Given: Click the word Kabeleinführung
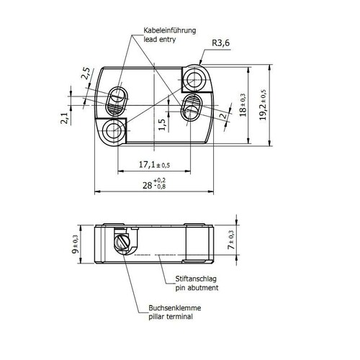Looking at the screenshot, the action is (170, 31).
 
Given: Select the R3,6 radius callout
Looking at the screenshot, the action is (221, 43).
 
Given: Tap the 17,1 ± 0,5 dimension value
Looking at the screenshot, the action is (154, 165).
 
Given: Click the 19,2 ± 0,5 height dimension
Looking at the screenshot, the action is (263, 105).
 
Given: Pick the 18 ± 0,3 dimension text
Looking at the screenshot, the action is (243, 105).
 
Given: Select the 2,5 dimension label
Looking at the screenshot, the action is (86, 73).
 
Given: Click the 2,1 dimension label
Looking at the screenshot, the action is (64, 118).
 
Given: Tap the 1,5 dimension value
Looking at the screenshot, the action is (162, 125).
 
